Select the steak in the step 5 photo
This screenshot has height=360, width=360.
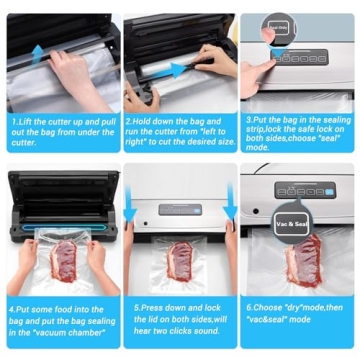click(180, 262)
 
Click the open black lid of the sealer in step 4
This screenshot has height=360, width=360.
click(60, 190)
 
